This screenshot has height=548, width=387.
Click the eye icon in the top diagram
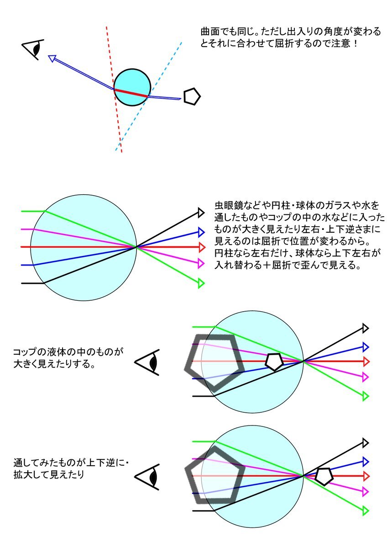click(x=34, y=49)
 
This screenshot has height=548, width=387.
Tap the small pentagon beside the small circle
click(x=192, y=97)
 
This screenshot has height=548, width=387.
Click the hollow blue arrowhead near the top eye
click(x=52, y=59)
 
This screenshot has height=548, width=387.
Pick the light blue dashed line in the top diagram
click(x=149, y=96)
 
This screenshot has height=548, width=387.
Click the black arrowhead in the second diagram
click(x=201, y=212)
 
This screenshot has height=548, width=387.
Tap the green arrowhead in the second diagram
click(x=201, y=283)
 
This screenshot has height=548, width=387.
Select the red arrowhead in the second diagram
click(x=202, y=247)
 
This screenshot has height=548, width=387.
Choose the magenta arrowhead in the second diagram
click(x=201, y=263)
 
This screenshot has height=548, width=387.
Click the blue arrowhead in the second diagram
click(x=201, y=232)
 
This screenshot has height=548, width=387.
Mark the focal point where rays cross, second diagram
click(x=136, y=247)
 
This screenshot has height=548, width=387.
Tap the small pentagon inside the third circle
click(x=274, y=362)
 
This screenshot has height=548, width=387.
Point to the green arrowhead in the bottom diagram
click(x=366, y=511)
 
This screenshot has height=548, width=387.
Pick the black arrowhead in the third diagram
click(x=366, y=328)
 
